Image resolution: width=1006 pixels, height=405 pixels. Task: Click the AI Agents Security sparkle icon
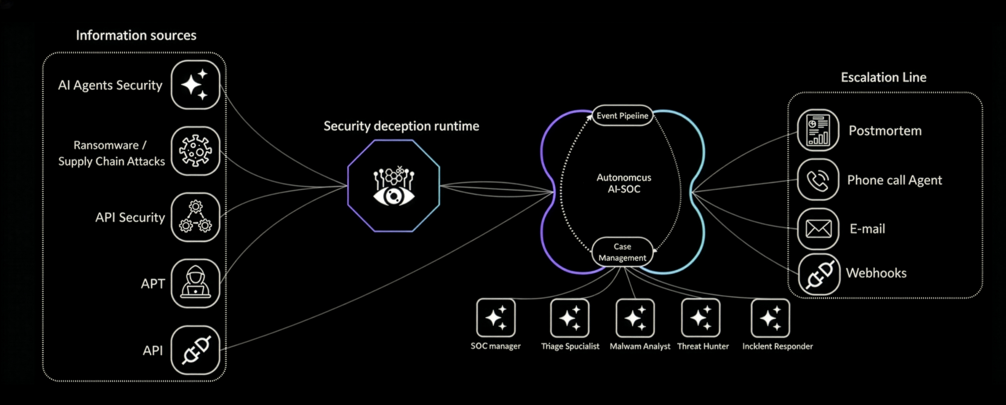pos(195,85)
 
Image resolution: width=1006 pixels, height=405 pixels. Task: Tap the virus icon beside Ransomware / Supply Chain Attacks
pos(195,151)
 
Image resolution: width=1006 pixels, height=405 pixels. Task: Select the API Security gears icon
pos(195,217)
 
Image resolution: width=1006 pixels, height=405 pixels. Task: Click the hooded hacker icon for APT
pos(195,283)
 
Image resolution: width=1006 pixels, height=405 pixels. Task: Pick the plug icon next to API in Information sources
pos(195,350)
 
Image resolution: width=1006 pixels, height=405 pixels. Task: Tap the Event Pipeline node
pos(622,115)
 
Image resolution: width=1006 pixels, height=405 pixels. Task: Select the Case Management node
pos(622,252)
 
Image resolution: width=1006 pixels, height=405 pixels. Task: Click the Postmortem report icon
pos(818,130)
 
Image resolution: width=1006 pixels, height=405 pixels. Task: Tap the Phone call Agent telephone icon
pos(818,180)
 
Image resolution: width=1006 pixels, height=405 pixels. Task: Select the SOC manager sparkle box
pos(496,318)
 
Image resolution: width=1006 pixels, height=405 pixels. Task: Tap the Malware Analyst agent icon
pos(635,318)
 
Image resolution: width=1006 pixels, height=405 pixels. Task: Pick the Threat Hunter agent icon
pos(701,318)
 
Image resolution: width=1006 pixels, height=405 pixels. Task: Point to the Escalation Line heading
pos(883,77)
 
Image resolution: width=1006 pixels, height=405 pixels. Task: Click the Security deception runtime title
pos(401,126)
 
